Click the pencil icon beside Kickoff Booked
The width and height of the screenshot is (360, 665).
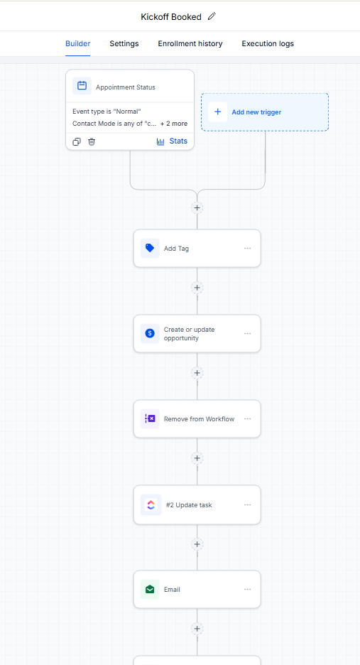(x=212, y=16)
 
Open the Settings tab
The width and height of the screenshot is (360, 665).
(x=124, y=43)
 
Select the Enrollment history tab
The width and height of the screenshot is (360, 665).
(x=190, y=43)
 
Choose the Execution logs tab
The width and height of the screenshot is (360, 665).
(x=268, y=43)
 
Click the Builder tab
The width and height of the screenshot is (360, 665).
(x=77, y=43)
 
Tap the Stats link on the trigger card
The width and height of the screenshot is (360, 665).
(x=172, y=141)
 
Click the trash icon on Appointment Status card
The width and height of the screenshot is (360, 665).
(x=92, y=141)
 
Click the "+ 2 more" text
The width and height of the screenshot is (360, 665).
(x=174, y=124)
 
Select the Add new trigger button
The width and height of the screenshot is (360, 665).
(x=265, y=112)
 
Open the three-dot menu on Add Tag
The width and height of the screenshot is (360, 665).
(x=248, y=249)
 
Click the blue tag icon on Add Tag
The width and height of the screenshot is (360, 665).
(x=150, y=248)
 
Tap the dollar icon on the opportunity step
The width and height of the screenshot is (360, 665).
(x=150, y=333)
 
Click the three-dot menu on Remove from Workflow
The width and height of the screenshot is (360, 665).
(x=248, y=419)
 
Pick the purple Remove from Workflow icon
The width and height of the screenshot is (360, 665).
(x=150, y=418)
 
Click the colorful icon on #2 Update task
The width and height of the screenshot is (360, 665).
(x=151, y=504)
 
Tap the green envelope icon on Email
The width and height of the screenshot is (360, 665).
(x=150, y=589)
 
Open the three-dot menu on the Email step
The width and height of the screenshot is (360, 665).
(x=248, y=590)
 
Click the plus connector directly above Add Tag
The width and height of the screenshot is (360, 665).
(x=197, y=207)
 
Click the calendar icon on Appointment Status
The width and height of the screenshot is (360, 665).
(x=82, y=86)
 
